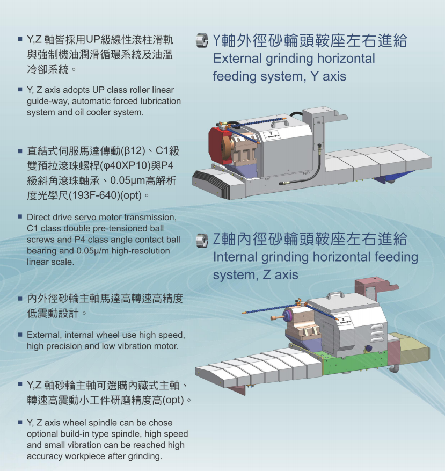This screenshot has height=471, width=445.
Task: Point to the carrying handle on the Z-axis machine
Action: tap(337, 294)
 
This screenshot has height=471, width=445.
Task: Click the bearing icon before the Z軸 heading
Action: tap(202, 240)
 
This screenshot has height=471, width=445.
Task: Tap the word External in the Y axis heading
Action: tap(237, 59)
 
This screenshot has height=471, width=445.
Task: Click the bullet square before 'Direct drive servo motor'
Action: tap(20, 217)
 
